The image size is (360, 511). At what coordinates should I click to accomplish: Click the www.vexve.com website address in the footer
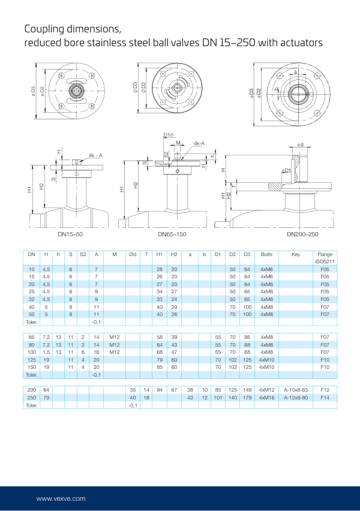pyautogui.click(x=61, y=498)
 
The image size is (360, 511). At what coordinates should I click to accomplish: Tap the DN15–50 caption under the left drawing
pyautogui.click(x=70, y=235)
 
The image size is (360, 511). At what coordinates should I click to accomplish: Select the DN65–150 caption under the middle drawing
pyautogui.click(x=172, y=235)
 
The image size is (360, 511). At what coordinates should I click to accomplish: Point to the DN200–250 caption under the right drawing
pyautogui.click(x=302, y=235)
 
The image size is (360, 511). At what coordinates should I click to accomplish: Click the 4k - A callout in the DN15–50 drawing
pyautogui.click(x=95, y=155)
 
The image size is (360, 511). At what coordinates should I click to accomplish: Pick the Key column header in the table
pyautogui.click(x=295, y=254)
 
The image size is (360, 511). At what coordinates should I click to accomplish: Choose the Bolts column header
pyautogui.click(x=266, y=254)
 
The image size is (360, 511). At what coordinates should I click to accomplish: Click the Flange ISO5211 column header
pyautogui.click(x=325, y=258)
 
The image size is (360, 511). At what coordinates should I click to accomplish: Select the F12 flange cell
pyautogui.click(x=325, y=390)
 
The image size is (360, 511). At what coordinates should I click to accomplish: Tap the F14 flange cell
pyautogui.click(x=325, y=398)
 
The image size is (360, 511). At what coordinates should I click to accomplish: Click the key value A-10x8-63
pyautogui.click(x=295, y=390)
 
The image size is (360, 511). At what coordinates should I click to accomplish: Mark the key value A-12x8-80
pyautogui.click(x=295, y=398)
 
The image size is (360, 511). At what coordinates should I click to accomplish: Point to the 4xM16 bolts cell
pyautogui.click(x=266, y=398)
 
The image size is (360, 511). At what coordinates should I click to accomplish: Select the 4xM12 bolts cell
pyautogui.click(x=266, y=390)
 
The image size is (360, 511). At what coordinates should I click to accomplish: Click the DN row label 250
pyautogui.click(x=32, y=398)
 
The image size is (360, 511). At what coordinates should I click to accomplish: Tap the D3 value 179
pyautogui.click(x=247, y=398)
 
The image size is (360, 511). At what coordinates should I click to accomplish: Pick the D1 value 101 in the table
pyautogui.click(x=218, y=398)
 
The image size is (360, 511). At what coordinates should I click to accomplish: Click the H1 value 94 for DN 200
pyautogui.click(x=160, y=390)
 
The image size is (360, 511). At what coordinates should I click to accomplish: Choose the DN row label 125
pyautogui.click(x=32, y=359)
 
